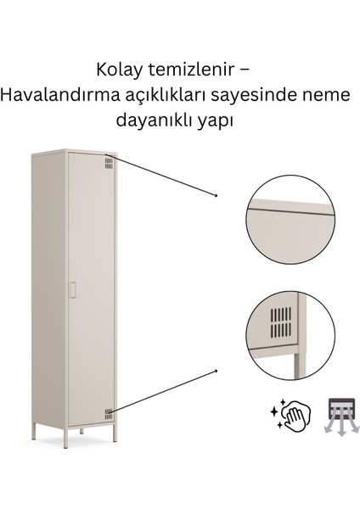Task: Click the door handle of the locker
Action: (74, 290)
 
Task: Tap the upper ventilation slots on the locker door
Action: (109, 162)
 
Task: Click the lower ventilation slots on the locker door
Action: (109, 414)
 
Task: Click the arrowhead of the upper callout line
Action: (217, 196)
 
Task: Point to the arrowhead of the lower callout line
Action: (217, 371)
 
